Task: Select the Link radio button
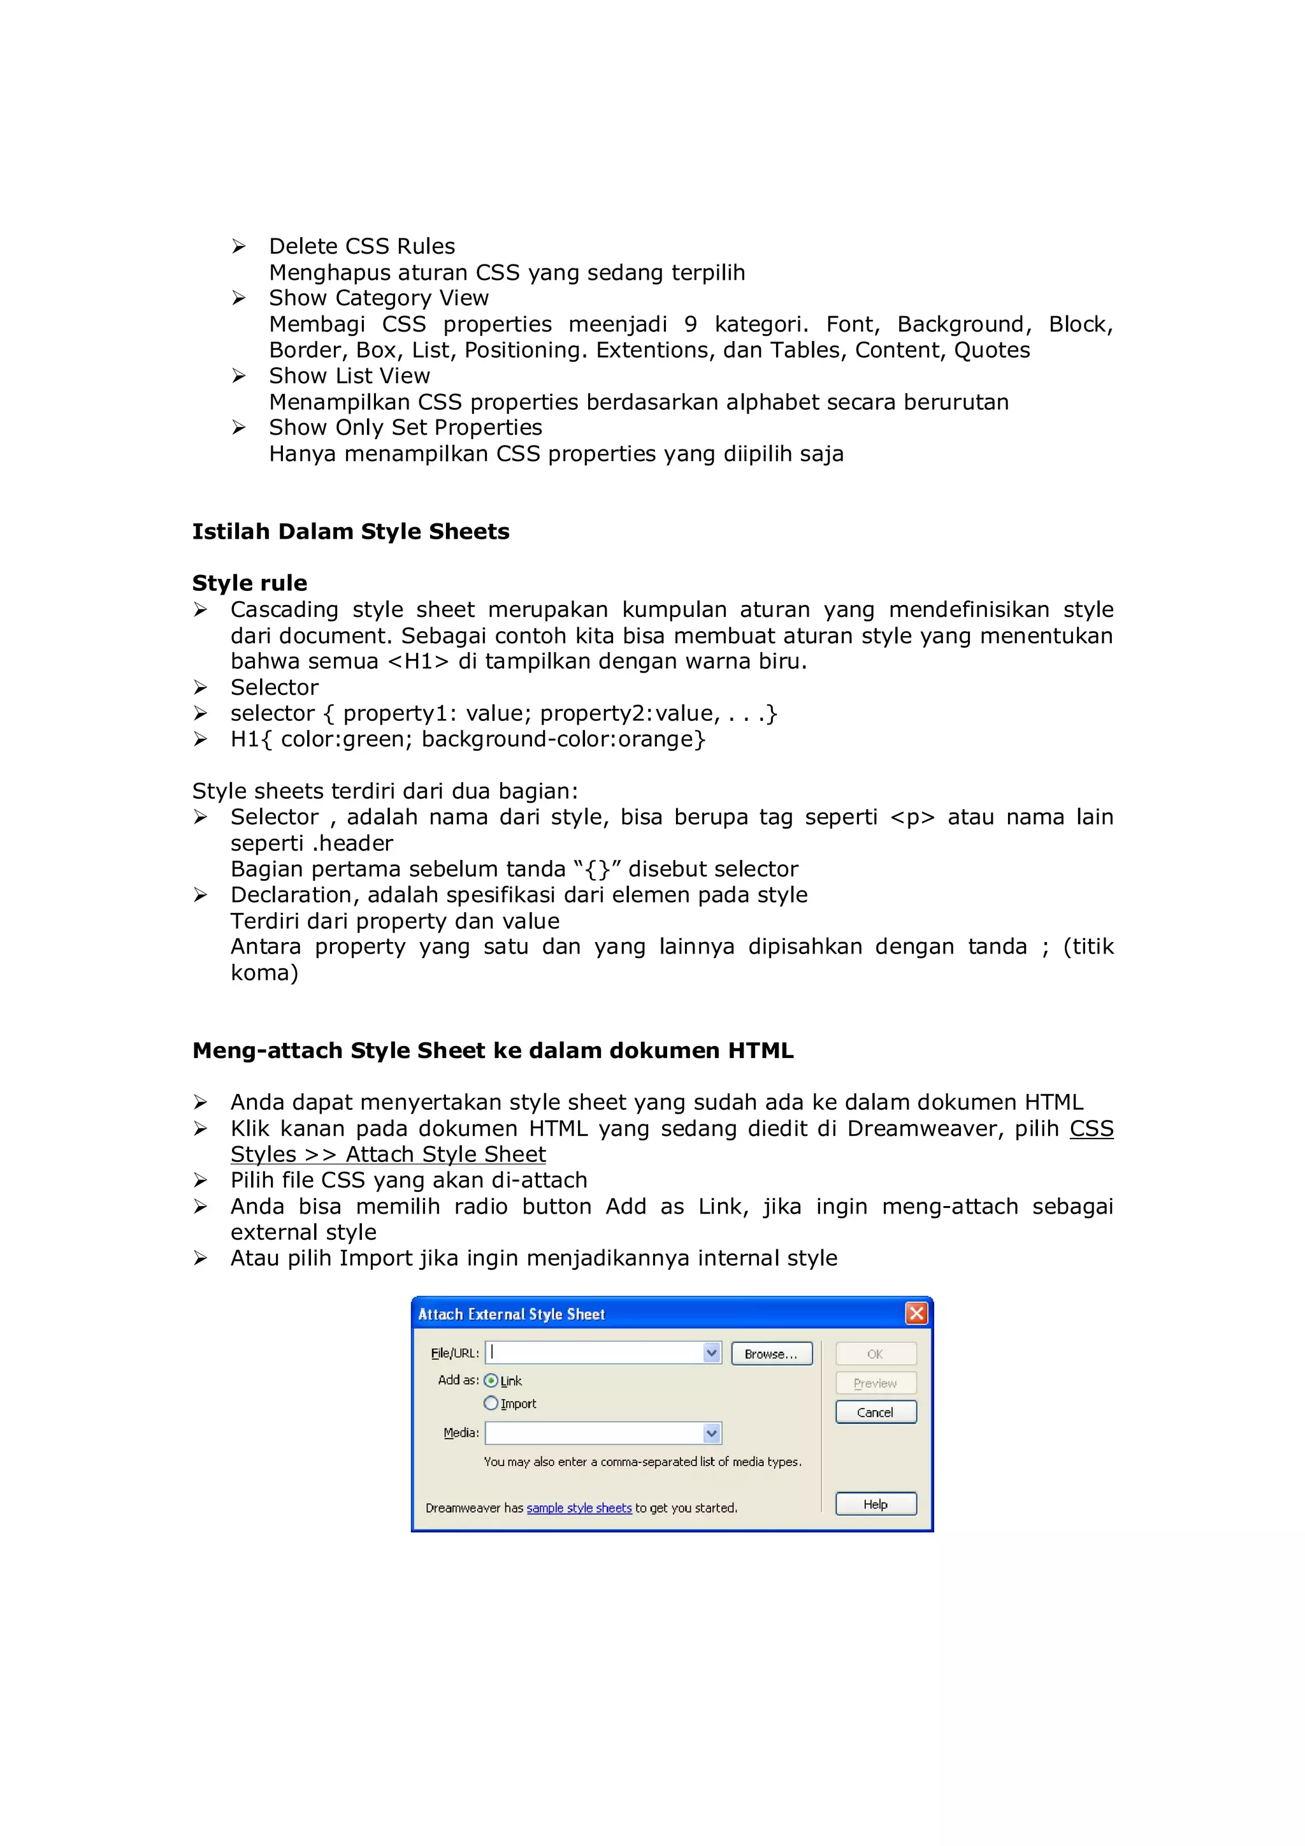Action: pos(491,1381)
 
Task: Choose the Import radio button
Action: pos(491,1403)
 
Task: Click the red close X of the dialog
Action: pos(916,1314)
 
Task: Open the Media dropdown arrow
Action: pos(711,1433)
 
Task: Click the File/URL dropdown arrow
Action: pos(711,1353)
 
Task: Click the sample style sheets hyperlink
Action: pos(579,1508)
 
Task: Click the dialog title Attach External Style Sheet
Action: pos(511,1314)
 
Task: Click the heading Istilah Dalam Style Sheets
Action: pos(350,532)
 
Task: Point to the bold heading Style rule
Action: pos(249,583)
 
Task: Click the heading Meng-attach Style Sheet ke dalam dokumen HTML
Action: pos(493,1051)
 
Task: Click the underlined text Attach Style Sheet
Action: pos(445,1154)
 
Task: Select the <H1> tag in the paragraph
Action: pos(418,662)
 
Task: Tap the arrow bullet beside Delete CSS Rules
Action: pos(239,246)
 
